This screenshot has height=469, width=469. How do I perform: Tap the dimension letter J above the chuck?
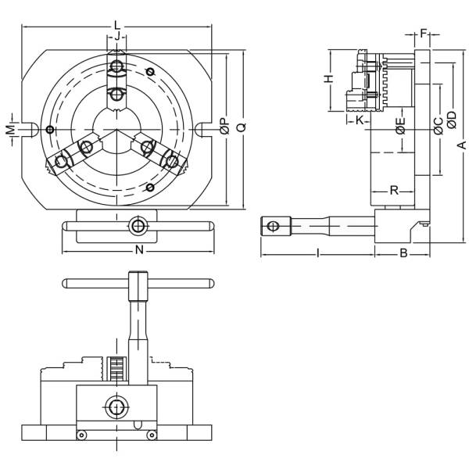tap(116, 36)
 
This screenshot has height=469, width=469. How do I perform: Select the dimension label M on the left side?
tap(10, 128)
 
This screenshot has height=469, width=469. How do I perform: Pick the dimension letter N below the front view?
tap(138, 250)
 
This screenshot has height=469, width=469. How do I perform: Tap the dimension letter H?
tap(329, 79)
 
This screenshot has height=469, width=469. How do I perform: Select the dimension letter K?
tap(359, 121)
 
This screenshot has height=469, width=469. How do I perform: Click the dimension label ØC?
tap(439, 122)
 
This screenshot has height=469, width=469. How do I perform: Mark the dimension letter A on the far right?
tap(462, 145)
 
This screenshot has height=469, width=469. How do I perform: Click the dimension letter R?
tap(395, 190)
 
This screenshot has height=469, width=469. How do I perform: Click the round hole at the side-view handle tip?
tap(272, 227)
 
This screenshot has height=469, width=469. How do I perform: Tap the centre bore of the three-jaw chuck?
tap(116, 129)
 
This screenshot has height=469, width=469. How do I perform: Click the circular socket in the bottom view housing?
tap(116, 407)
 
